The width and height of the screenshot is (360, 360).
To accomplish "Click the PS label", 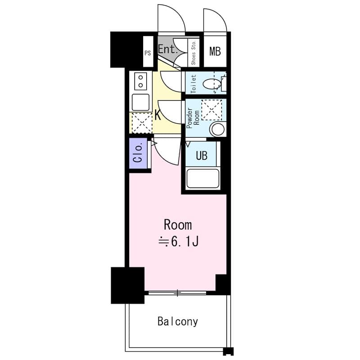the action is (148, 53).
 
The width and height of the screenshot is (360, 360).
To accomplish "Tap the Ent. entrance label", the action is (168, 49).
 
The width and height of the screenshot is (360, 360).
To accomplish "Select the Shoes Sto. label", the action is (193, 53).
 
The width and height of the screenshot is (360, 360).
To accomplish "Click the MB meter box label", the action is (215, 51).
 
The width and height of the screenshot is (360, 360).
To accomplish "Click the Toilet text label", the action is (193, 84).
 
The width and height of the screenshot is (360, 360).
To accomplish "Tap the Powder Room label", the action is (193, 118).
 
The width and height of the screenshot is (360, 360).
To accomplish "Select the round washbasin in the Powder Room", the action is (218, 129).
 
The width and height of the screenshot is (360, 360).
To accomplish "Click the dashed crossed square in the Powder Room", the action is (211, 110).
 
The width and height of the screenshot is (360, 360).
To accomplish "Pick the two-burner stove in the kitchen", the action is (140, 81).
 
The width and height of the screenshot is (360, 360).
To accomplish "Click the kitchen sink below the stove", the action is (140, 103).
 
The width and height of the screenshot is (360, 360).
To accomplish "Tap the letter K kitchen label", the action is (158, 115).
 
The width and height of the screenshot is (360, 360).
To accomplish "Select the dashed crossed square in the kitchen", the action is (142, 123).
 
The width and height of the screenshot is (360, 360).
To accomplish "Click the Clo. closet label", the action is (138, 153).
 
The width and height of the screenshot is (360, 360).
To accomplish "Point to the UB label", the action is (202, 155).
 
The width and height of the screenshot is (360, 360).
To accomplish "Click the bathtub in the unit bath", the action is (203, 179).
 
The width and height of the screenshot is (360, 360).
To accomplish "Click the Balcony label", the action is (178, 322).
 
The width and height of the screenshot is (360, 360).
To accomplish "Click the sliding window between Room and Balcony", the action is (177, 293).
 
